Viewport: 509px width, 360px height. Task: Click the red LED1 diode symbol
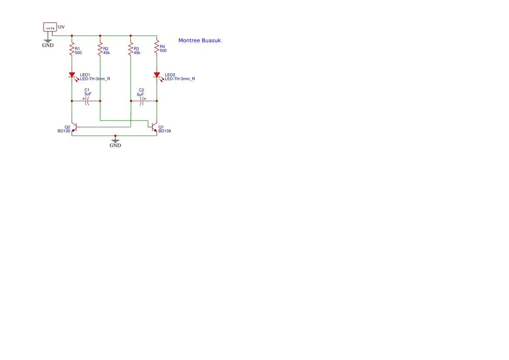72,75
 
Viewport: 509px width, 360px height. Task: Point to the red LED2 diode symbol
157,75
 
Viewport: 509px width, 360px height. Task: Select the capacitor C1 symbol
86,101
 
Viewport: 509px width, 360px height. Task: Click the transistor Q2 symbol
74,128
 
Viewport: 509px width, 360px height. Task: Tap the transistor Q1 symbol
154,128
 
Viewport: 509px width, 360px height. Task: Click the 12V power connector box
50,27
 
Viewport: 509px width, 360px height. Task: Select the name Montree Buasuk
199,40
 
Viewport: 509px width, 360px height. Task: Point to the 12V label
61,27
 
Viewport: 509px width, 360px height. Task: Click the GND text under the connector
48,45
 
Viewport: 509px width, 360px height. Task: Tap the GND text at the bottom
115,145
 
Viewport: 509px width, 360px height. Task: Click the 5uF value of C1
88,94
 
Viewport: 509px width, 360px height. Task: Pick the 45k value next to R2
107,53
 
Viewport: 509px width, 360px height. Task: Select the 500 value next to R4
163,50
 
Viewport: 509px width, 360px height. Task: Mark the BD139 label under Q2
64,131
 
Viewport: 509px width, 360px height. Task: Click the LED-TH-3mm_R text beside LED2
180,79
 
